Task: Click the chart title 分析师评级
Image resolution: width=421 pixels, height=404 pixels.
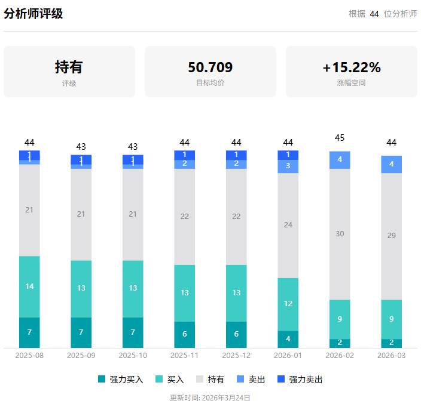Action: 33,14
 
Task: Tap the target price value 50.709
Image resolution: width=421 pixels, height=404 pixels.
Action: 210,67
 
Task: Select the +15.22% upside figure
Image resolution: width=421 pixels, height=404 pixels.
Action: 351,67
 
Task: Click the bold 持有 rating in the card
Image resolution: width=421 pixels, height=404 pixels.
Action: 69,67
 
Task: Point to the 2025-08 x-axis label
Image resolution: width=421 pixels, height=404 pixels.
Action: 29,355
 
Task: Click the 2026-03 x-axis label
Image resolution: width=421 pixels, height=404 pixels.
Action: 391,355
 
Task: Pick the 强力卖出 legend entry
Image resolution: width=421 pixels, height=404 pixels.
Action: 300,380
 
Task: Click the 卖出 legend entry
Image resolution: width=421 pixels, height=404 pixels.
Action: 251,380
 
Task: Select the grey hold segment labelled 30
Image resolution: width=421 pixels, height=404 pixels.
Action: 340,234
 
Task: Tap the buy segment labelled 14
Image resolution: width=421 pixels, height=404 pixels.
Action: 29,286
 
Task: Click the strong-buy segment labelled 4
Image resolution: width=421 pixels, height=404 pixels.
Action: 288,339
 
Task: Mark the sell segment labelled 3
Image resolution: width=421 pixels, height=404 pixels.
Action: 288,166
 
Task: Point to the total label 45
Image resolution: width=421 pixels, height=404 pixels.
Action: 340,138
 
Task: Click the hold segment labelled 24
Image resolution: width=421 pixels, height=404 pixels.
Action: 288,225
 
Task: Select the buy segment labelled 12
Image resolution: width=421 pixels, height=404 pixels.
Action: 288,304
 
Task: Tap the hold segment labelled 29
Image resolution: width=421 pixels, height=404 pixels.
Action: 391,236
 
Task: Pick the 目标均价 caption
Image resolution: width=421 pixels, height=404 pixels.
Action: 210,83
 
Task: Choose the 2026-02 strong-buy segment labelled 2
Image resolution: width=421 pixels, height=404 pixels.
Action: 340,343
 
